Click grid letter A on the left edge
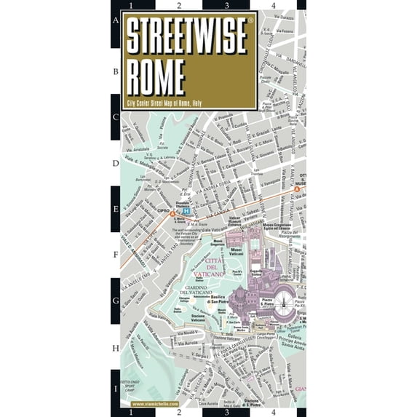pos(115,21)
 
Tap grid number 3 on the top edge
pos(228,6)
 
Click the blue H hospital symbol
pos(186,212)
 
